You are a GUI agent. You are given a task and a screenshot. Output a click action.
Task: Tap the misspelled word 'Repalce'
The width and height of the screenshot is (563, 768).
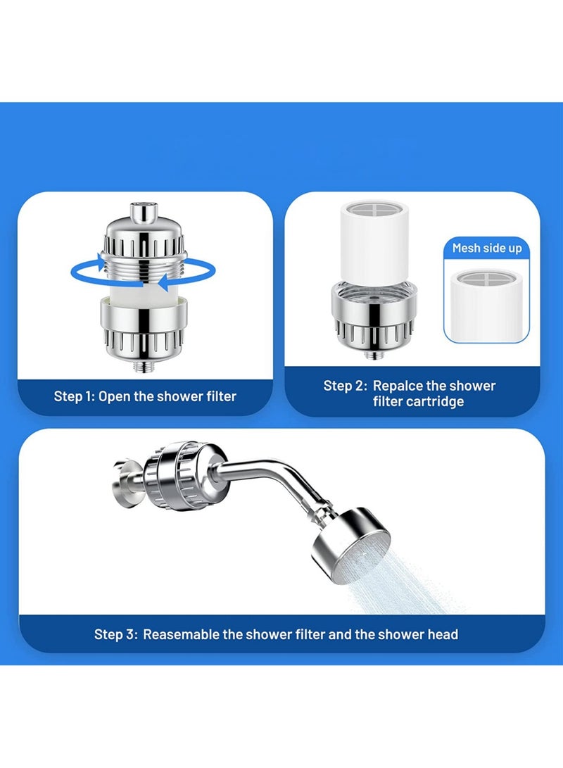tap(398, 386)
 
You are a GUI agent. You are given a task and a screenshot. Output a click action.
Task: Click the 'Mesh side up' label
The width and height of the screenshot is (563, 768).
tap(487, 248)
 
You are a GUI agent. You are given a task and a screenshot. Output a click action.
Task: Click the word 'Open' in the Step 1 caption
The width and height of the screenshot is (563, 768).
tap(114, 397)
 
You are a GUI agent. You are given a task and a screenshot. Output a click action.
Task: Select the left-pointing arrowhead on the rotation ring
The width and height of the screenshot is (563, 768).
tap(163, 282)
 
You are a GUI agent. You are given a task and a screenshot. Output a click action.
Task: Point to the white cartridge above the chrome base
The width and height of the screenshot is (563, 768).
tap(374, 241)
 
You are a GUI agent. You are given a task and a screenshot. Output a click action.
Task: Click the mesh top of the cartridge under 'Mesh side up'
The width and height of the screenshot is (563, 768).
tap(486, 278)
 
